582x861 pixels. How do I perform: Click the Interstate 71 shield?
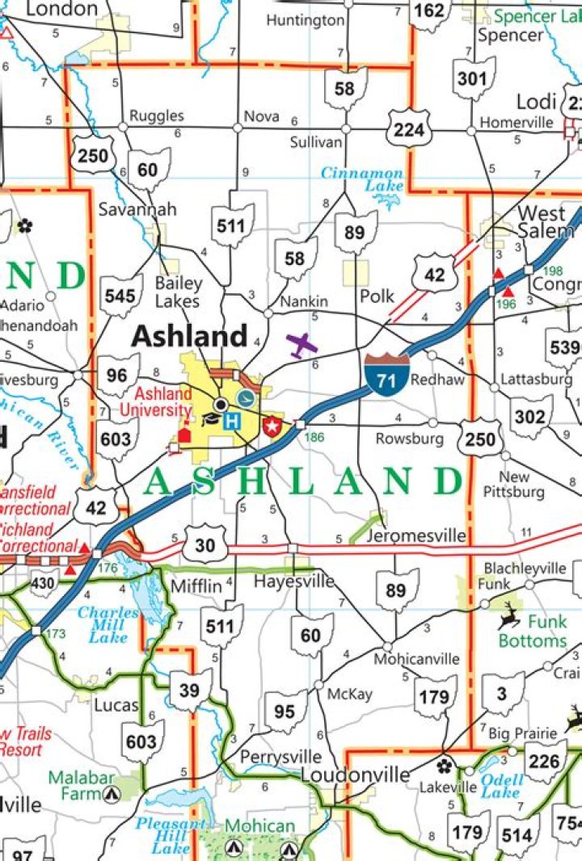386,374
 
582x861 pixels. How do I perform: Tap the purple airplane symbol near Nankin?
302,345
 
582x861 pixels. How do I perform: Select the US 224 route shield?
407,127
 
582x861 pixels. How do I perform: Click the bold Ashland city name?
189,335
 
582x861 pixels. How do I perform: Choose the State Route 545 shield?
120,295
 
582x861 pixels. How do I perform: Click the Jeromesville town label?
415,535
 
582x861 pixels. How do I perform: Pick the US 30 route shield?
205,546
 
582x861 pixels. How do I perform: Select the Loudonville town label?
356,775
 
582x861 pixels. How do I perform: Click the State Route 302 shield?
530,417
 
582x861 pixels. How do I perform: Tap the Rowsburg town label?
409,439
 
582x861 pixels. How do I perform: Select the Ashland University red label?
156,401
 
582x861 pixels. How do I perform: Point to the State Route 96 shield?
118,376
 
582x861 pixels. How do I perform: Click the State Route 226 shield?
545,762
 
